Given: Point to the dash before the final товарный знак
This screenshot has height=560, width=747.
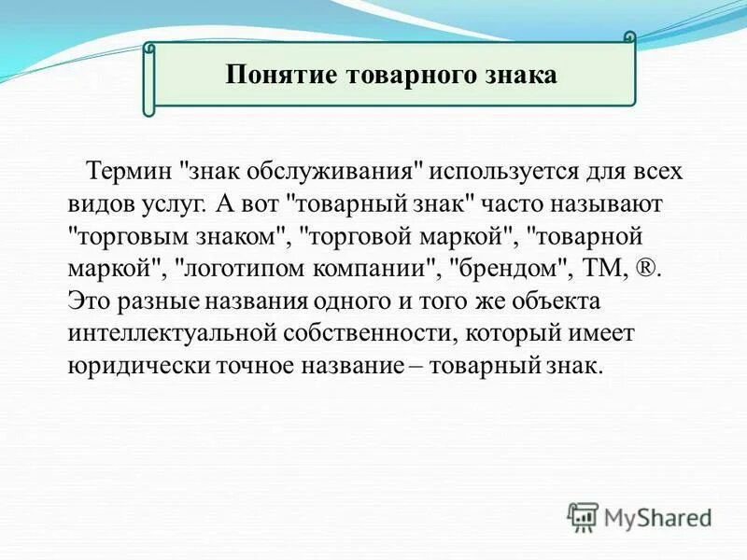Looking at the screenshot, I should (x=453, y=366).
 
